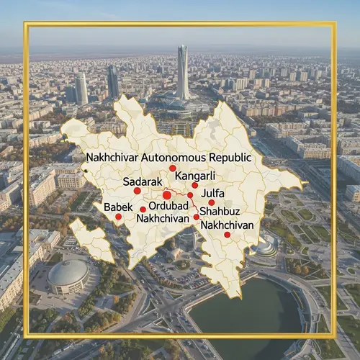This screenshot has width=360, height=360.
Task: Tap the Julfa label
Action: tap(212, 193)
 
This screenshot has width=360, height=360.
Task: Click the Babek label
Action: tap(118, 207)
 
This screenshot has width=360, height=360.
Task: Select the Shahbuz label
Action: tap(219, 212)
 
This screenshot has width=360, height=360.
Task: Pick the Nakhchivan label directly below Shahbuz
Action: tap(228, 225)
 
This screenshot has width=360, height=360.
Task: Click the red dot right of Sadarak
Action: tap(138, 191)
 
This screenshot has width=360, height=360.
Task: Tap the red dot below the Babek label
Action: tap(118, 216)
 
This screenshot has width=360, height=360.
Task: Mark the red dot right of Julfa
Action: tap(212, 202)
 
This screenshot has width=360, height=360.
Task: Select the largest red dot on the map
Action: tap(167, 194)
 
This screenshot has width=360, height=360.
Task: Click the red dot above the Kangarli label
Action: tap(173, 168)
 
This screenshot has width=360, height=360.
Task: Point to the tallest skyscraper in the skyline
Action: tap(183, 72)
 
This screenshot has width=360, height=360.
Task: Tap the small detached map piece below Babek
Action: tap(91, 240)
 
